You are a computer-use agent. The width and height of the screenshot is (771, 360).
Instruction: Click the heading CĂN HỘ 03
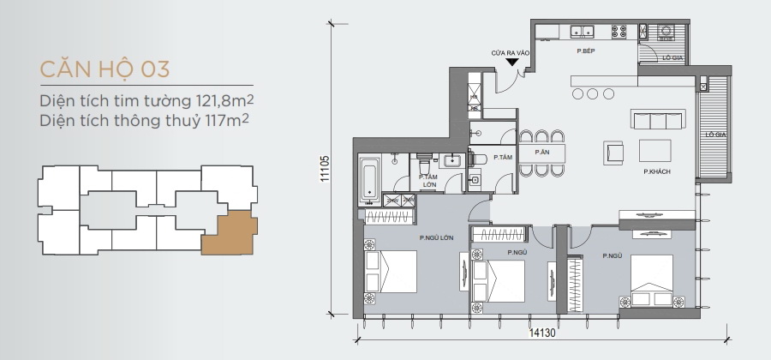105,69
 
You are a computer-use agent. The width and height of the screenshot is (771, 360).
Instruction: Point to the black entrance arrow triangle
512,62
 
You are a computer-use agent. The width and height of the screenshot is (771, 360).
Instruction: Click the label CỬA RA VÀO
511,53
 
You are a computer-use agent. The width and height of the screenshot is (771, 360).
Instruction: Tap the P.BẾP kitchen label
586,51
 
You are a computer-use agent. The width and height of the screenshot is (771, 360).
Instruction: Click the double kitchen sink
583,31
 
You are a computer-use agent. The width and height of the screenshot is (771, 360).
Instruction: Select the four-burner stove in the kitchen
619,32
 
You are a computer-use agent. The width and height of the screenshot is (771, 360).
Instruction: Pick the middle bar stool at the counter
593,93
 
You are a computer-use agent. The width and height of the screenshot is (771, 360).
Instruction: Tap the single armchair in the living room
613,152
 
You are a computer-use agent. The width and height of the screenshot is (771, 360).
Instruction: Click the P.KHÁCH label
657,172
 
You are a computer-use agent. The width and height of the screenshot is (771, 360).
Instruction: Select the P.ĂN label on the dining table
542,153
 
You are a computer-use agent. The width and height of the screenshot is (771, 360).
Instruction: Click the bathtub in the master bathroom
370,180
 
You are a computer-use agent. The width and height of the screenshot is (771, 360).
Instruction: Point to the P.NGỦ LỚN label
437,238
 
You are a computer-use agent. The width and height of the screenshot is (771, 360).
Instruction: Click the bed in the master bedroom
391,272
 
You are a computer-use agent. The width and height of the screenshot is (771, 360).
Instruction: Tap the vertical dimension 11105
325,169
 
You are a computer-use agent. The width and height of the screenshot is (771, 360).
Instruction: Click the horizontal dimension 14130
542,333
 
